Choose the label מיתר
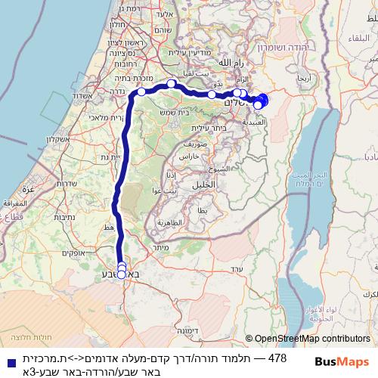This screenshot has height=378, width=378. click(x=159, y=247)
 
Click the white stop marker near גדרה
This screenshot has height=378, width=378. click(x=141, y=91)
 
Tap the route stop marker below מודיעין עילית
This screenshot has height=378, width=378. click(x=172, y=83)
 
